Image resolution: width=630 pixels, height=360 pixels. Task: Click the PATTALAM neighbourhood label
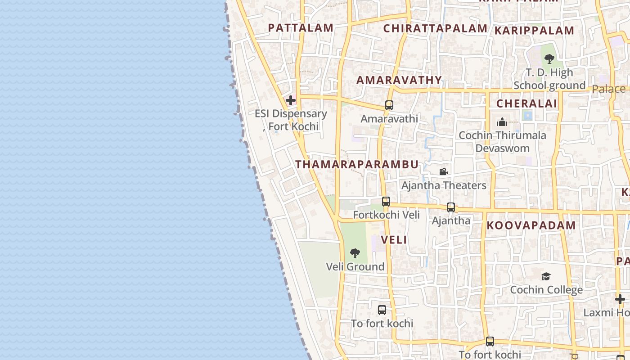coord(301,28)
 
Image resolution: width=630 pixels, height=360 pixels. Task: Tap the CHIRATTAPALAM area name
coord(435,29)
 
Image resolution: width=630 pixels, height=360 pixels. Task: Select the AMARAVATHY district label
coord(399,80)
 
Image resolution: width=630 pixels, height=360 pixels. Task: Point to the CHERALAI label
coord(526,103)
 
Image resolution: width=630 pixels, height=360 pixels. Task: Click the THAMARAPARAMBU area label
coord(357,164)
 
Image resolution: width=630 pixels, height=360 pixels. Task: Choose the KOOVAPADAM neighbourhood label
coord(531,225)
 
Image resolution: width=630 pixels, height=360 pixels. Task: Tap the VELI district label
coord(394,240)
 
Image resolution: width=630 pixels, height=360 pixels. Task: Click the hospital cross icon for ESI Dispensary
coord(291,100)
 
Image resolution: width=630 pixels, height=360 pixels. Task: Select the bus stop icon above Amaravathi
coord(389,105)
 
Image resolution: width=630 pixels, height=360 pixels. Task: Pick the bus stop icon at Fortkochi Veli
coord(386,202)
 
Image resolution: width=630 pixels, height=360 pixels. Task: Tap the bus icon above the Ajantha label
coord(451,207)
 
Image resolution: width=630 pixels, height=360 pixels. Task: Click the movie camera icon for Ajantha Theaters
coord(443,171)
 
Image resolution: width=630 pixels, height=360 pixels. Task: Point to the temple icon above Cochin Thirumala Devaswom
coord(502,122)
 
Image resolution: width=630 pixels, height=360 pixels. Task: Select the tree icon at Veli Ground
coord(355,253)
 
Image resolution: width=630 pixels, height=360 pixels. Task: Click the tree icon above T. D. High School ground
coord(549,58)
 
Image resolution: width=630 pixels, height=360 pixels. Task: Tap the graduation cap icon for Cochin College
coord(546,276)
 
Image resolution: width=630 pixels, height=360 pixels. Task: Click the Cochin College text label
coord(546,290)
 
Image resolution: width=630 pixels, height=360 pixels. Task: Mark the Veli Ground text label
coord(355,267)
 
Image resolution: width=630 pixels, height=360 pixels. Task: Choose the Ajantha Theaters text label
coord(444,185)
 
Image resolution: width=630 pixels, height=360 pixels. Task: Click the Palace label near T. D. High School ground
coord(608,89)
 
